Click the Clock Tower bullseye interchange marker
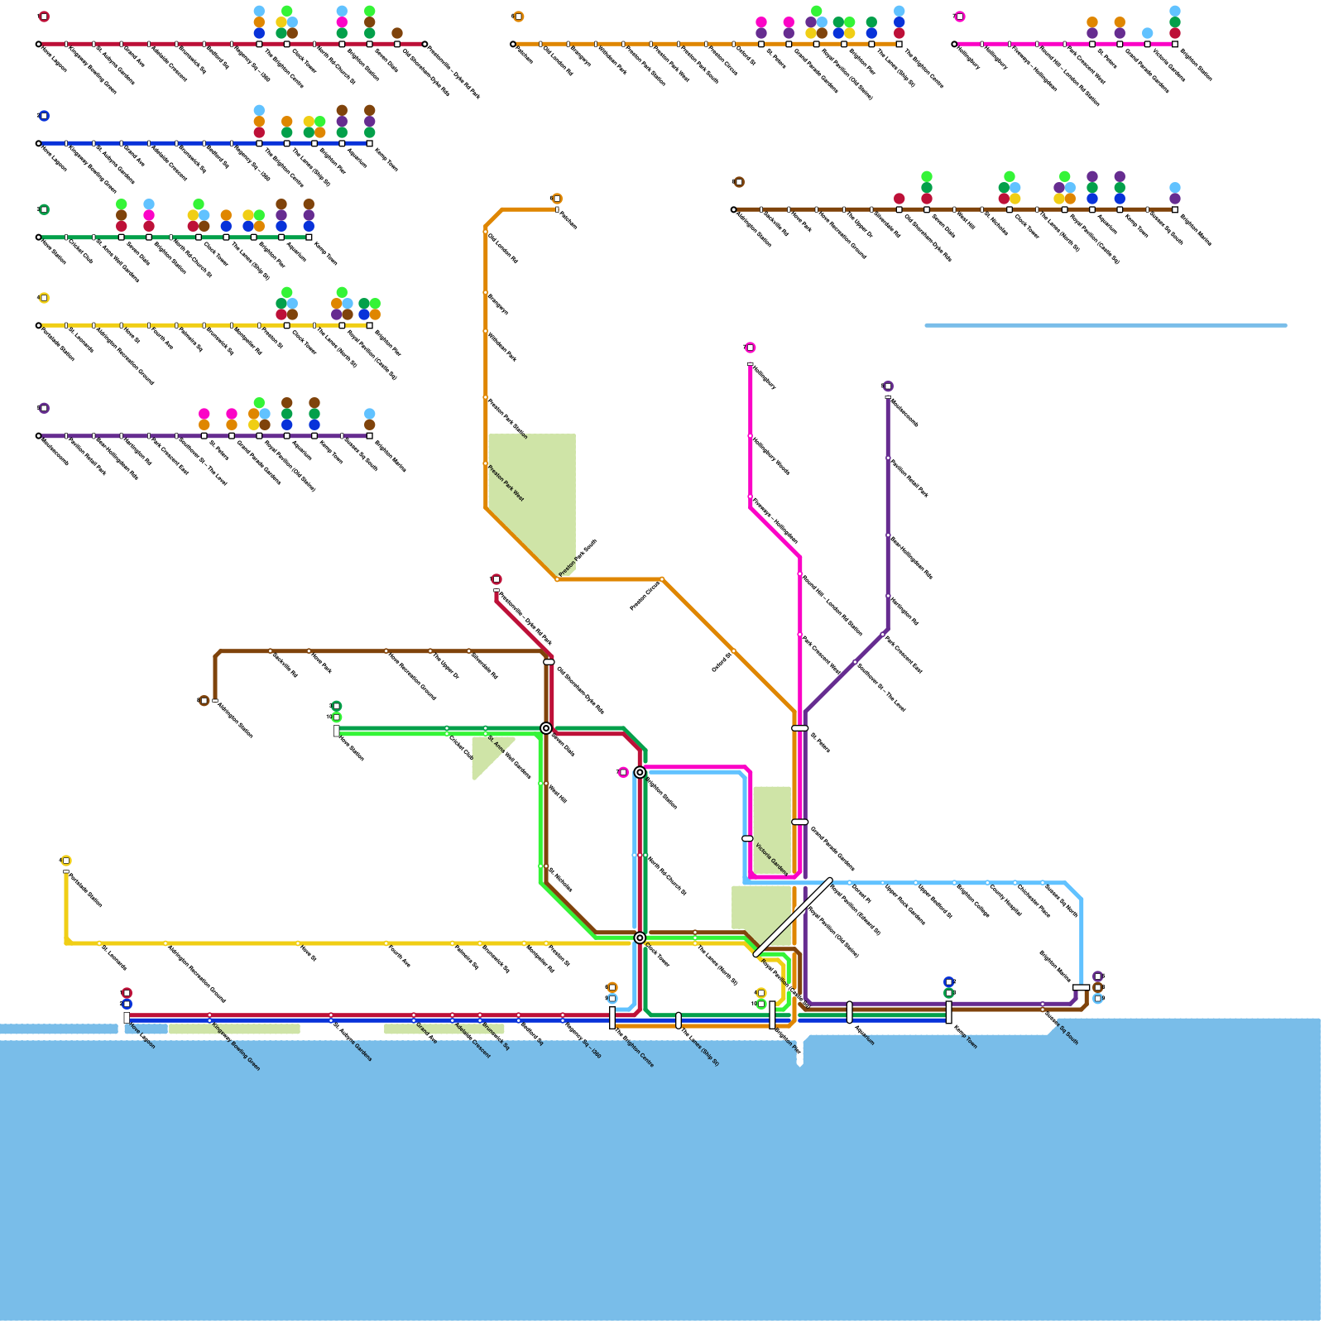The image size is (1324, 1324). pyautogui.click(x=640, y=938)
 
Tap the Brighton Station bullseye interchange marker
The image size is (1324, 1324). pyautogui.click(x=640, y=772)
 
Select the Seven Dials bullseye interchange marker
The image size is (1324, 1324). pyautogui.click(x=546, y=728)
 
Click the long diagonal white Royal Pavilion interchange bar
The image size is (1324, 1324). pyautogui.click(x=793, y=917)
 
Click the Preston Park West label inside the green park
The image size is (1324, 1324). pyautogui.click(x=506, y=483)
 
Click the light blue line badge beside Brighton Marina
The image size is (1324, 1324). pyautogui.click(x=1098, y=999)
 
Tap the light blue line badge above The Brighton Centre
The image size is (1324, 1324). pyautogui.click(x=612, y=999)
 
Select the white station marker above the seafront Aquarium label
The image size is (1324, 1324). pyautogui.click(x=849, y=1012)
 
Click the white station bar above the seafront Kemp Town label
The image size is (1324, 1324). pyautogui.click(x=948, y=1012)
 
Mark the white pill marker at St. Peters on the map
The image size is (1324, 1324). pyautogui.click(x=799, y=728)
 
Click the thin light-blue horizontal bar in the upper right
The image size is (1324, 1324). pyautogui.click(x=1106, y=325)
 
